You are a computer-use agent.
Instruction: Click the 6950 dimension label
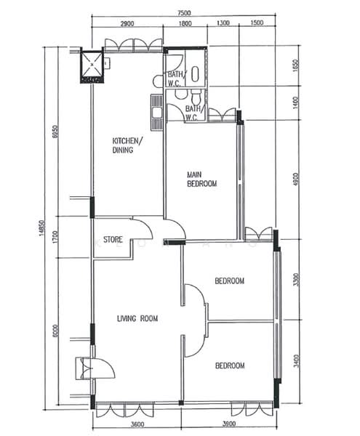[56, 132]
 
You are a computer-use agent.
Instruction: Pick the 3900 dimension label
[231, 424]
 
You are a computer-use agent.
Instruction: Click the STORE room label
[113, 240]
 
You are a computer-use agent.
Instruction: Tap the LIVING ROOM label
[137, 318]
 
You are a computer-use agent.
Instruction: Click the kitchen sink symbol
[156, 108]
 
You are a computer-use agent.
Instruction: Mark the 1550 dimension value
[295, 67]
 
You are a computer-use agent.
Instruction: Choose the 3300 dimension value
[295, 280]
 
